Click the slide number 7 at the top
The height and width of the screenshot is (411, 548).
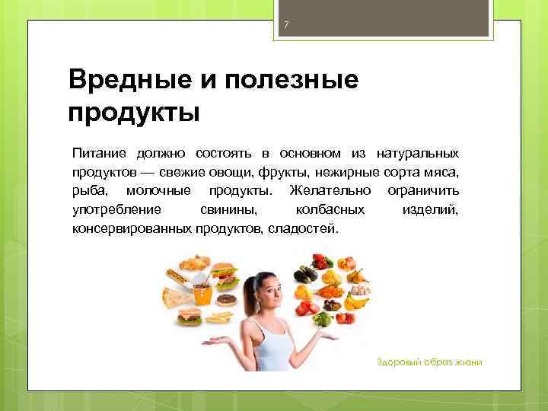point(285,26)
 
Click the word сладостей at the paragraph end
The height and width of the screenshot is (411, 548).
point(301,228)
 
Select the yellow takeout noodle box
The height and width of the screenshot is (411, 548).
point(204,292)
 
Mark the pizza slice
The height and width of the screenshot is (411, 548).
point(178,297)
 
